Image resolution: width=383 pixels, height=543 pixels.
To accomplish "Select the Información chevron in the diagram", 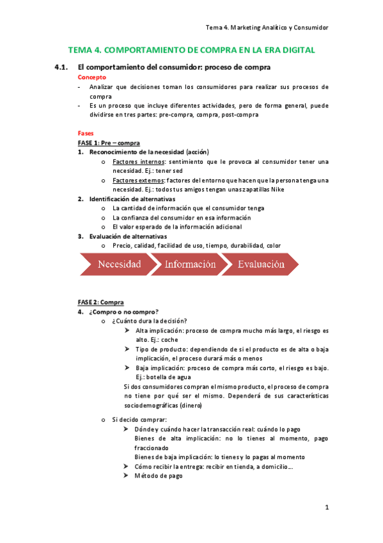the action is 190,264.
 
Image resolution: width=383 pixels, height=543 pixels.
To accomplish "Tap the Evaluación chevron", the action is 261,264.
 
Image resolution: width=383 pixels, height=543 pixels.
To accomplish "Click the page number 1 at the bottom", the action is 326,508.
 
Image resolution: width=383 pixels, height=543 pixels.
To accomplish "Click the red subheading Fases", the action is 86,133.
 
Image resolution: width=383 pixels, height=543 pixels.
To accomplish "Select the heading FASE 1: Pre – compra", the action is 109,143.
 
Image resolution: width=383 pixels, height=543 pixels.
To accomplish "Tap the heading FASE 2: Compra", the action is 101,302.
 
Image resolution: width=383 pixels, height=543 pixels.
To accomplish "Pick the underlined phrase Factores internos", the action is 135,162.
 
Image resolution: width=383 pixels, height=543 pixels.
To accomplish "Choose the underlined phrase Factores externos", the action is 136,181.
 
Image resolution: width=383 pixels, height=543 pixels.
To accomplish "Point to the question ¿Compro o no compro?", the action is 124,312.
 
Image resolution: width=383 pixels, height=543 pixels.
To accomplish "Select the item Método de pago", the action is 159,476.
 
